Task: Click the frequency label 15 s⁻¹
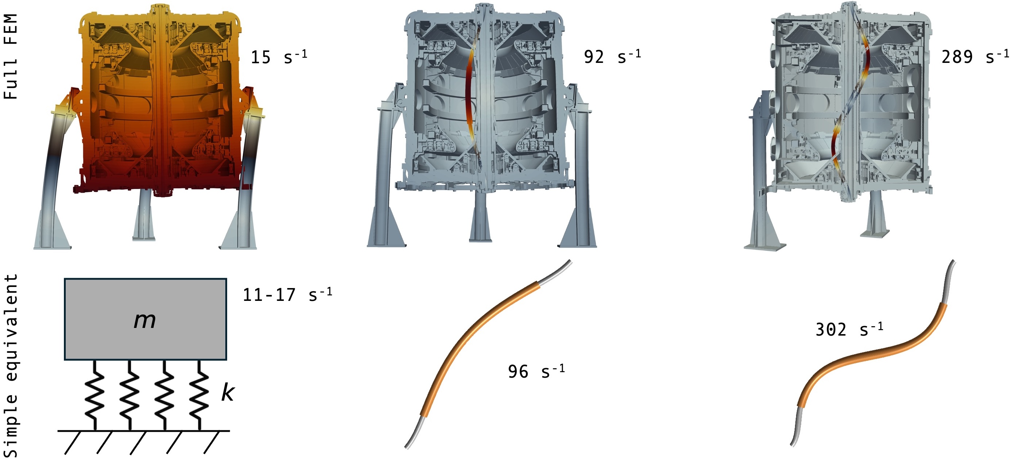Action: (279, 57)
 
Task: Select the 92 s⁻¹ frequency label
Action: (612, 57)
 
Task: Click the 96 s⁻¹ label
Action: (536, 371)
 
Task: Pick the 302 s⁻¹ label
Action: (849, 329)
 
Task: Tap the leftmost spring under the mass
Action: (95, 395)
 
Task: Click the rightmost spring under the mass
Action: (199, 395)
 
